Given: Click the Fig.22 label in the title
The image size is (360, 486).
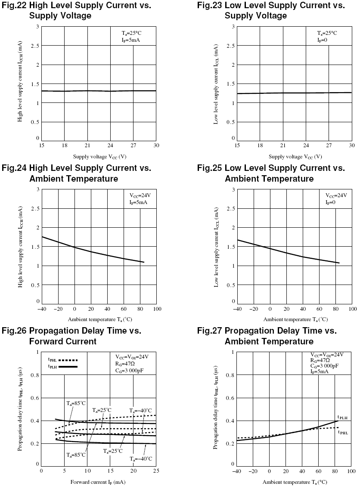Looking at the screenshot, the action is tap(14, 6).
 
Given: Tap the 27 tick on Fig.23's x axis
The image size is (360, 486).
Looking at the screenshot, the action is tap(329, 145).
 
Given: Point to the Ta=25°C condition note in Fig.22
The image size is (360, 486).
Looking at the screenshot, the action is tap(131, 33).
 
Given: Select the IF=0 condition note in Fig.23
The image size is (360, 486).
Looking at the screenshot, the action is tap(322, 40).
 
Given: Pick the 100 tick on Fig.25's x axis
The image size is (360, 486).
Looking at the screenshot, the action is tap(353, 309).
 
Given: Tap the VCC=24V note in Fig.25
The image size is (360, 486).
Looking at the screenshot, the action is tap(336, 195).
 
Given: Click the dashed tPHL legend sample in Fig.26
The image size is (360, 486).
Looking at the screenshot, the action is tap(68, 360).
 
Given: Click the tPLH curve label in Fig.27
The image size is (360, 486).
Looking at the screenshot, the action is tap(342, 418).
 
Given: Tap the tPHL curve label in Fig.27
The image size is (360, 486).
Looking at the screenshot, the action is tap(343, 432).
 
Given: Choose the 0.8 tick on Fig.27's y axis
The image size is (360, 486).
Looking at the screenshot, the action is tap(230, 375).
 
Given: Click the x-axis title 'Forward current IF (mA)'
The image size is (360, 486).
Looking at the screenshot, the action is tap(98, 482).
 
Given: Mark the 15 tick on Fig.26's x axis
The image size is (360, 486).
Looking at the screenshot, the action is tap(110, 471).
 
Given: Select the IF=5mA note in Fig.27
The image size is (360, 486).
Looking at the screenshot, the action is tap(319, 371).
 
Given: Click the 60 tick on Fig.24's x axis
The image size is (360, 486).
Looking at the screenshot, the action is tap(124, 309).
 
